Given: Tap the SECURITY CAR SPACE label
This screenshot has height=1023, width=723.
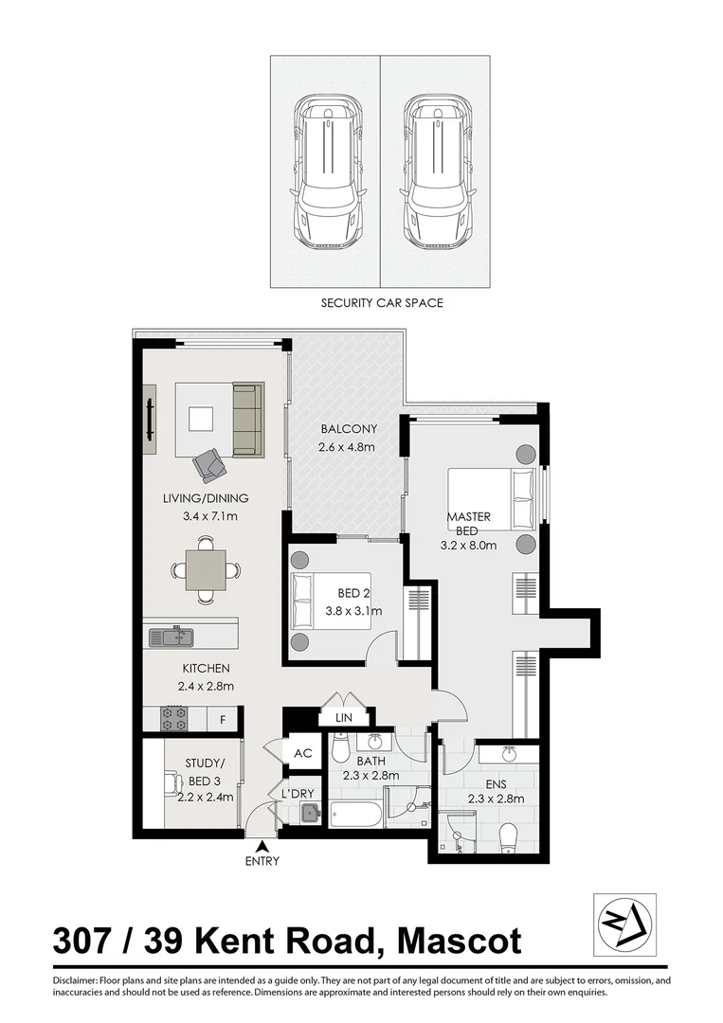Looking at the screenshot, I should coord(382,304).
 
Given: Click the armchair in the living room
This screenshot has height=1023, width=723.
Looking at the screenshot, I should coord(209,464).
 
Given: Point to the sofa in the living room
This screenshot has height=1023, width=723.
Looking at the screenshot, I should coord(247,420).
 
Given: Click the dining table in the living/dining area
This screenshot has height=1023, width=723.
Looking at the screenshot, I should coord(206,570).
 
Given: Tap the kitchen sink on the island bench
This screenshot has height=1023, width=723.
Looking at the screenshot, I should coord(172,637).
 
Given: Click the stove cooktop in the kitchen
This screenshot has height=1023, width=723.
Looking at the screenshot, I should coord(174,718).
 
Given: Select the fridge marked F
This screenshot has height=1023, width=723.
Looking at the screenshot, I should coord(223,719).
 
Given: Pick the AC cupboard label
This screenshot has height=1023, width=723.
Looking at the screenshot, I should coord(303,754).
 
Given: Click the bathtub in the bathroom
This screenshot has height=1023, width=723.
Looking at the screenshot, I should coord(356,814).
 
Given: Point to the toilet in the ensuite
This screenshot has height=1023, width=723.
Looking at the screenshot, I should coord(508,835).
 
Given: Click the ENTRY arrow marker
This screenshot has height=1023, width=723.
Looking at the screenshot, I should coord(262,845).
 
